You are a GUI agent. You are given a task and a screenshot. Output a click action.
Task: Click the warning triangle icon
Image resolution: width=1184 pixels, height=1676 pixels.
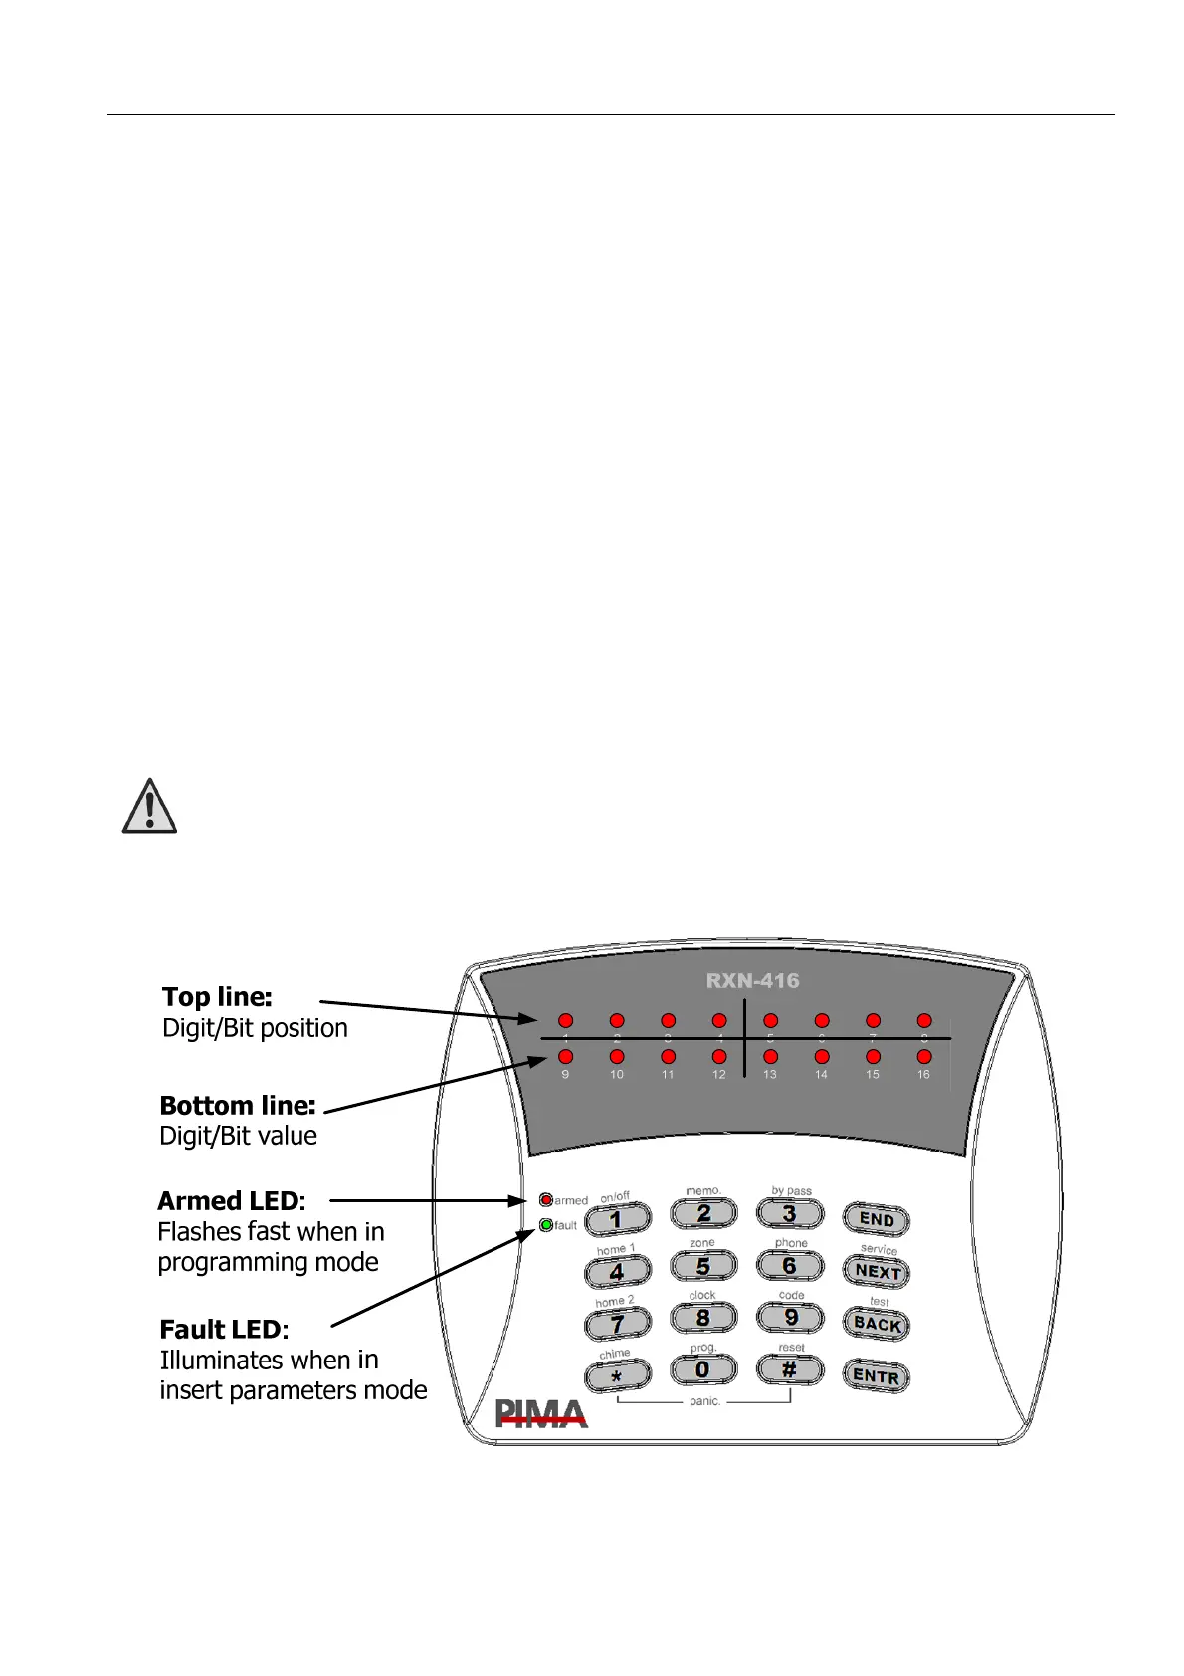pos(149,807)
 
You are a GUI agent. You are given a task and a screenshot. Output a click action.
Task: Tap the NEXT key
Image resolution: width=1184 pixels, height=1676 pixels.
pos(877,1271)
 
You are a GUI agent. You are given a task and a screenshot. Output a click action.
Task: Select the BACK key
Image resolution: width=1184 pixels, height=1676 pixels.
pos(877,1324)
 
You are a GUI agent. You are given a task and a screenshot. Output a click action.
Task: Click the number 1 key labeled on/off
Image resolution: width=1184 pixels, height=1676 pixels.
pos(617,1218)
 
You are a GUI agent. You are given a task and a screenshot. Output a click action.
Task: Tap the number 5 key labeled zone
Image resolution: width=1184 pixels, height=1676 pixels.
pos(703,1266)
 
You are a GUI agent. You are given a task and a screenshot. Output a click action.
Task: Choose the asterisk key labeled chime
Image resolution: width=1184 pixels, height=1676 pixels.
pos(617,1376)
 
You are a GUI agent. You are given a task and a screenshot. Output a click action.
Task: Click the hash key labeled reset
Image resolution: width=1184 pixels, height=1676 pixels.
pos(790,1369)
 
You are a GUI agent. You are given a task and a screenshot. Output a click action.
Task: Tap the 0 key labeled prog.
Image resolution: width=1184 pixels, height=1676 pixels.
pos(703,1369)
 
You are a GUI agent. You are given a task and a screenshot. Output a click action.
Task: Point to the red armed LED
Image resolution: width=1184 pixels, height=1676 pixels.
pos(546,1200)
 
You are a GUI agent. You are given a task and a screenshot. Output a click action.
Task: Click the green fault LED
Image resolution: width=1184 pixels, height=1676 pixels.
pos(546,1225)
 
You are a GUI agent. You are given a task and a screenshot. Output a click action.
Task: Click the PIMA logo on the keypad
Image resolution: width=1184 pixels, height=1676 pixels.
pos(541,1413)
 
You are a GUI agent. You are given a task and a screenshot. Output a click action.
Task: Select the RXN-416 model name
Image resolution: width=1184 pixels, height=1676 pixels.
pos(752,981)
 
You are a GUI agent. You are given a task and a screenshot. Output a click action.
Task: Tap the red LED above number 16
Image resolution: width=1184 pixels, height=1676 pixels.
pos(924,1057)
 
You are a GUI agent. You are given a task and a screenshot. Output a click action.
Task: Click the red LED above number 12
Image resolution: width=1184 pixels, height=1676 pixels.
pos(719,1057)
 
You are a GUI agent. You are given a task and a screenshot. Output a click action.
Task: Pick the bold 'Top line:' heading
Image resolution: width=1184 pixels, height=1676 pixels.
pos(217,997)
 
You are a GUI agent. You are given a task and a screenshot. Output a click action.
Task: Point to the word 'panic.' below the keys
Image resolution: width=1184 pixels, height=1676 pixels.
pos(704,1401)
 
